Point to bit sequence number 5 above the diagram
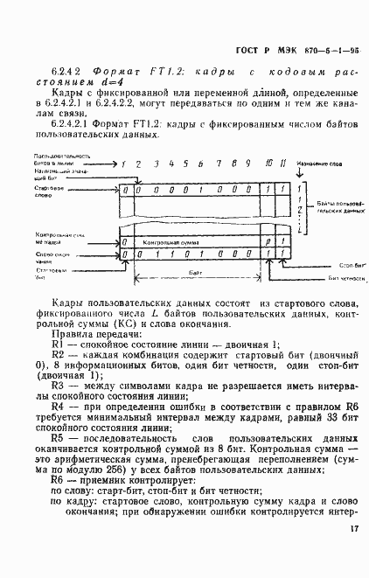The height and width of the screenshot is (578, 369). (185, 164)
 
